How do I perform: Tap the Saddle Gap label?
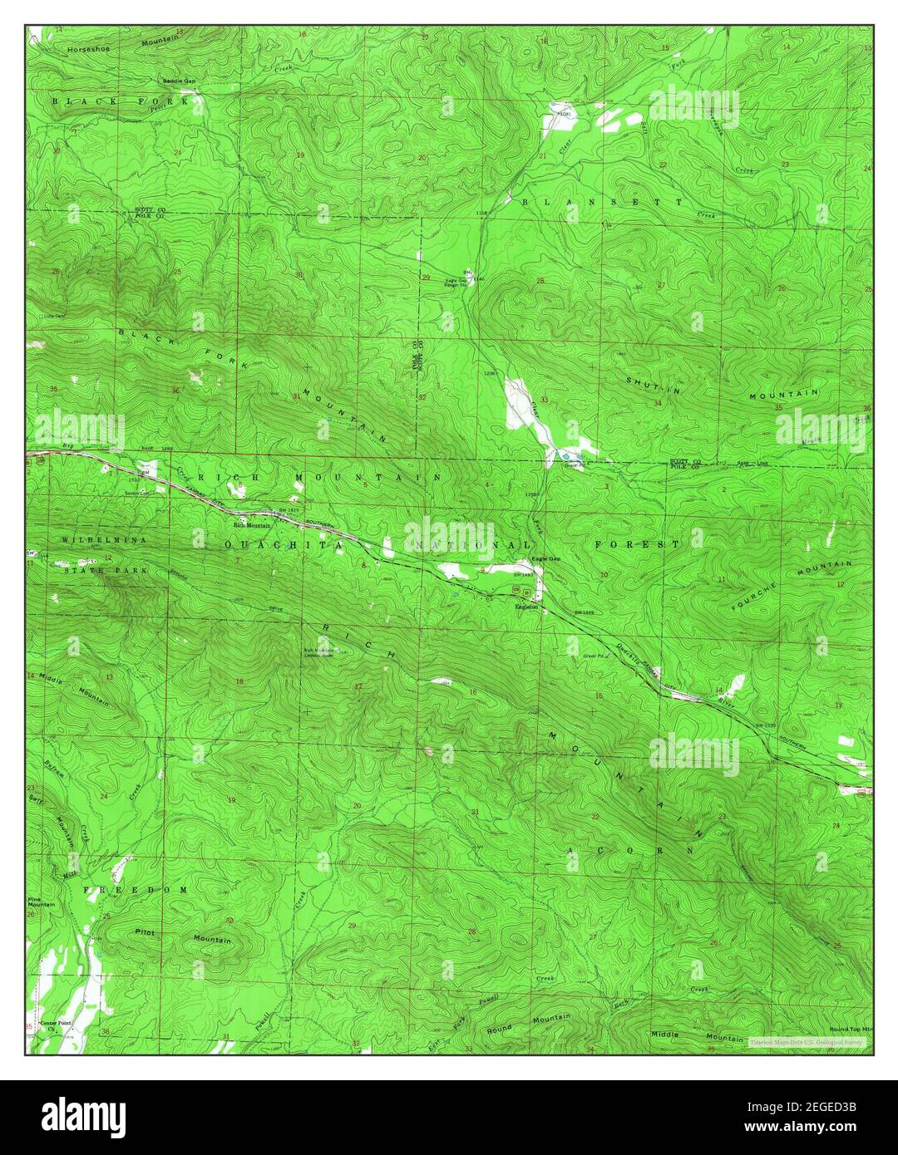pos(179,81)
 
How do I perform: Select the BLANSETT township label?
pos(602,202)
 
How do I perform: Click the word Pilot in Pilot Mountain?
pos(146,933)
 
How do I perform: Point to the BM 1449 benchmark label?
pos(584,613)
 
